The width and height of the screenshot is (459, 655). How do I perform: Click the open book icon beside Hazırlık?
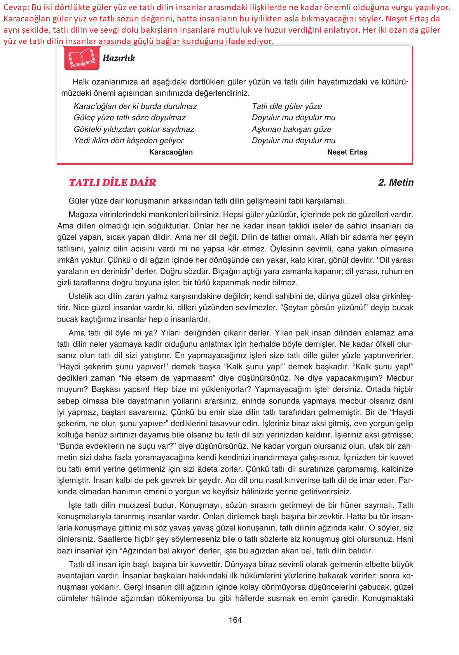pyautogui.click(x=82, y=58)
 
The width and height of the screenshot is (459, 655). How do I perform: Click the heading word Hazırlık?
pyautogui.click(x=119, y=58)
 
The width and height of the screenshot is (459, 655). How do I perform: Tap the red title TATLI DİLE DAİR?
pyautogui.click(x=112, y=183)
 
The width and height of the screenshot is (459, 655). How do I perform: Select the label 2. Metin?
pyautogui.click(x=396, y=183)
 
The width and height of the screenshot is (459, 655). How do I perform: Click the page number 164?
pyautogui.click(x=235, y=620)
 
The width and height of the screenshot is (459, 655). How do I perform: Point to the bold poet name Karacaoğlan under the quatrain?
pyautogui.click(x=171, y=152)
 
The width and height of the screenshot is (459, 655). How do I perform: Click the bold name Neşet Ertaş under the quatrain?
pyautogui.click(x=347, y=152)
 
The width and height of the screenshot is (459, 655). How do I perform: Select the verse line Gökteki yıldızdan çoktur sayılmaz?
pyautogui.click(x=134, y=129)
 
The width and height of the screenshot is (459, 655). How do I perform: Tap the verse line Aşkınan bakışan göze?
pyautogui.click(x=291, y=129)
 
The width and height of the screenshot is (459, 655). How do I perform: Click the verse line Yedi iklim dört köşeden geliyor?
pyautogui.click(x=128, y=140)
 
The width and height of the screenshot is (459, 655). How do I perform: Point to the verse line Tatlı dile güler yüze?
pyautogui.click(x=286, y=106)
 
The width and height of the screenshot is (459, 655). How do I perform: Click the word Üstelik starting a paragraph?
pyautogui.click(x=80, y=297)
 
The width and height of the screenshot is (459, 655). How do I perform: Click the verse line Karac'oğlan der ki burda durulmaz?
pyautogui.click(x=135, y=106)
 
